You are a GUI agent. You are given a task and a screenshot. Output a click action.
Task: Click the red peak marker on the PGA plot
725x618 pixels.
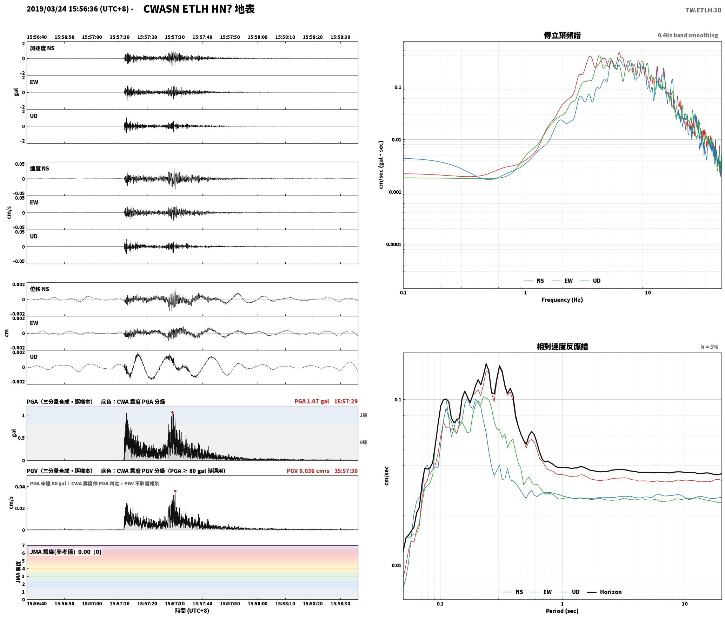point(172,412)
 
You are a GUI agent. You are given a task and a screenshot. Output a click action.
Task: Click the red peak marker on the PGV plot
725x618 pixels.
point(175,491)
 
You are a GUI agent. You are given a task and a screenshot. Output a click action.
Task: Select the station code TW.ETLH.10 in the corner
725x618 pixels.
point(703,10)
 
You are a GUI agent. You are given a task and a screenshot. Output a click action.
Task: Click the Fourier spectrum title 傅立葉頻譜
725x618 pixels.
point(562,35)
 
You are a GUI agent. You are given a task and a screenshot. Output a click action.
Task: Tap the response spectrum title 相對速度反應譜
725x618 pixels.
point(562,347)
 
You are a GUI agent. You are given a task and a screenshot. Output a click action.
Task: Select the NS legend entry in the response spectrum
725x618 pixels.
point(513,592)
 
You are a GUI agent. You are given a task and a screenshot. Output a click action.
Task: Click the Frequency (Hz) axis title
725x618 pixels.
point(562,300)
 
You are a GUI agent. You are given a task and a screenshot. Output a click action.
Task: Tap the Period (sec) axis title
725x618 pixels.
point(562,611)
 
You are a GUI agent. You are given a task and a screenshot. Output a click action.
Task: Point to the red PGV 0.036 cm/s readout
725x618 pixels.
point(308,471)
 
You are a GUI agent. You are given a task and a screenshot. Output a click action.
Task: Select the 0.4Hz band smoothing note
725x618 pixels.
point(688,35)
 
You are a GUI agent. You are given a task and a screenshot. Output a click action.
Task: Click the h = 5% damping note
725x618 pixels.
point(710,347)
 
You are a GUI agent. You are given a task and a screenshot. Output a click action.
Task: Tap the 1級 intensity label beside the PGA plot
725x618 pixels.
point(363,415)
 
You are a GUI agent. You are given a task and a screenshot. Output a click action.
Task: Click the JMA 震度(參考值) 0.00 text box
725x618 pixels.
point(66,552)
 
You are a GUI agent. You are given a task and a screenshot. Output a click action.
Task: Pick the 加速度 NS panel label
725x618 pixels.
point(42,48)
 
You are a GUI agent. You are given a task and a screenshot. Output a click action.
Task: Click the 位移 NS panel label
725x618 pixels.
point(40,289)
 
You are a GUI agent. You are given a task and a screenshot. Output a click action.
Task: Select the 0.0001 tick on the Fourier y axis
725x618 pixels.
point(393,244)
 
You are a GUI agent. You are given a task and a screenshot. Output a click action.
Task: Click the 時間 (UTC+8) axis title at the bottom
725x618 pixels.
point(192,611)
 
